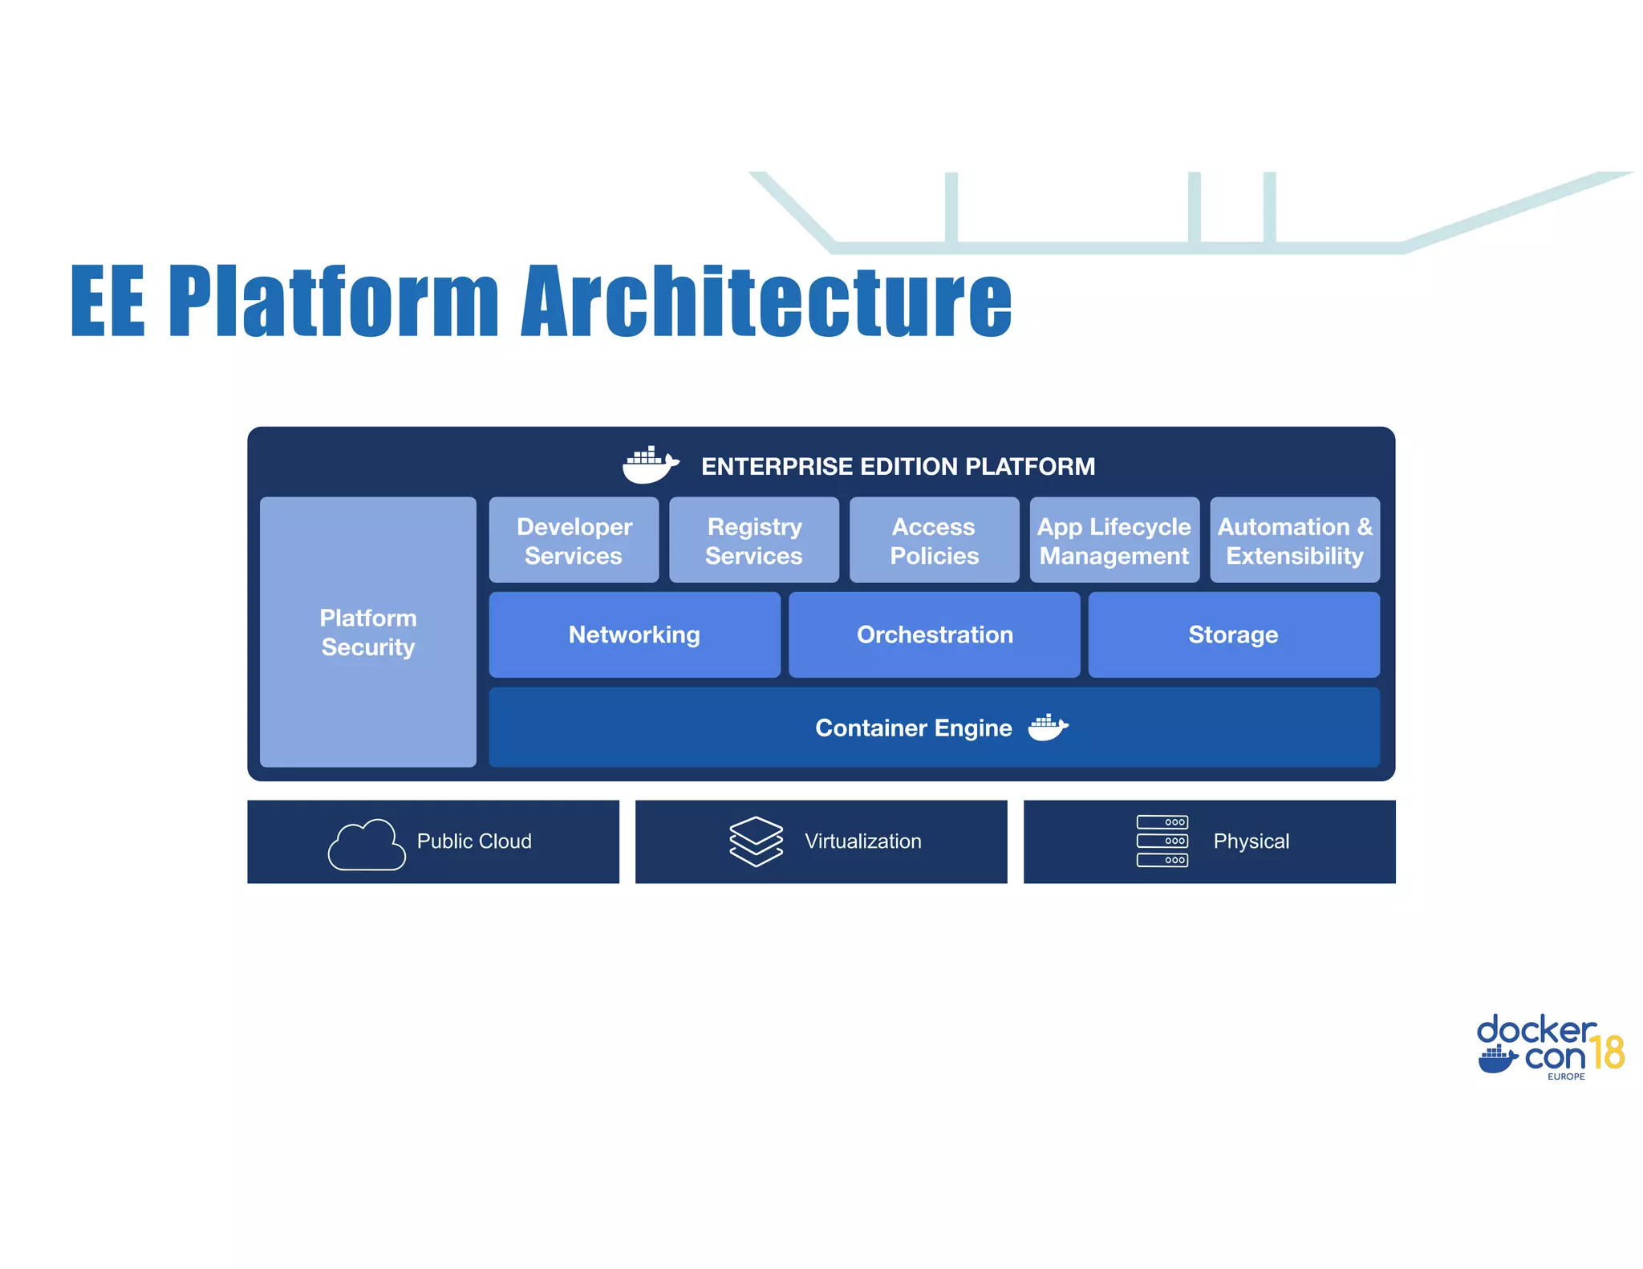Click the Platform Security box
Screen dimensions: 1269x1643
coord(367,632)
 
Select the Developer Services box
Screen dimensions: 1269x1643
coord(574,541)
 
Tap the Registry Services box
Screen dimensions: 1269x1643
coord(754,541)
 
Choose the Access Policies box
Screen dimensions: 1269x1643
coord(934,541)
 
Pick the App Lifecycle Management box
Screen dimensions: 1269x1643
coord(1114,541)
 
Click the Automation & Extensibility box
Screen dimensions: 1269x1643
coord(1295,541)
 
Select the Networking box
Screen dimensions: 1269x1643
coord(634,634)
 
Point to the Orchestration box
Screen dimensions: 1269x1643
coord(935,634)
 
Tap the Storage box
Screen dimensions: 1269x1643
coord(1234,634)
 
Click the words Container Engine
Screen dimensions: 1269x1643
coord(913,728)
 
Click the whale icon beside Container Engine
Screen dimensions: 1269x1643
coord(1048,728)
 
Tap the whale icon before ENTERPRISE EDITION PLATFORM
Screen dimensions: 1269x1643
coord(650,465)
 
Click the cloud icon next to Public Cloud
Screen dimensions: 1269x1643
coord(367,845)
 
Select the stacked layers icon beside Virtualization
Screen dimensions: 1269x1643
coord(756,841)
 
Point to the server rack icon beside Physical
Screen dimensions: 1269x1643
coord(1162,841)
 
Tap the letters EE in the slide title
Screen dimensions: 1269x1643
coord(108,302)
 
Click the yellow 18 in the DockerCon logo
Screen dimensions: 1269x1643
coord(1607,1052)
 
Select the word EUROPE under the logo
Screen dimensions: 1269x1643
coord(1566,1076)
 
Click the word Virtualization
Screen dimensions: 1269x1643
coord(862,841)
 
